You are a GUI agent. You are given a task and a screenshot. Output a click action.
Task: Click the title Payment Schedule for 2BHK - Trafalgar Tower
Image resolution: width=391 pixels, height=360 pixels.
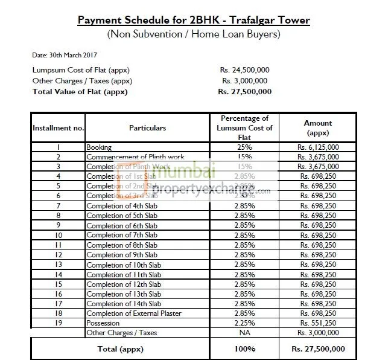[x=194, y=21]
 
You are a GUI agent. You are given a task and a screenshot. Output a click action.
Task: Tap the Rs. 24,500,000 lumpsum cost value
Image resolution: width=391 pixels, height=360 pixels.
[x=244, y=70]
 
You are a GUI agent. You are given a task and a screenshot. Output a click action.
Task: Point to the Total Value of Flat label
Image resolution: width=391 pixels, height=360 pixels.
[x=80, y=92]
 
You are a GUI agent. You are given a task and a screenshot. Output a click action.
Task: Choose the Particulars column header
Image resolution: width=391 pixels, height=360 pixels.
[x=147, y=128]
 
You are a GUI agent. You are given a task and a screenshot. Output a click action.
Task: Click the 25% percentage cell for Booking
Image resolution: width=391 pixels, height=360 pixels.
[x=244, y=147]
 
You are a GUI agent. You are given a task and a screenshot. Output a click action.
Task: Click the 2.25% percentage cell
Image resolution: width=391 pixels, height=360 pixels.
[x=244, y=323]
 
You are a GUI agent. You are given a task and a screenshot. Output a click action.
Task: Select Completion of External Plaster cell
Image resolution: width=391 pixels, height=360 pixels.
[x=134, y=313]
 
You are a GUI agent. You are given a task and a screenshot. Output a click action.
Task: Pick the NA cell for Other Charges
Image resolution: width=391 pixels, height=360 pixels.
[x=244, y=333]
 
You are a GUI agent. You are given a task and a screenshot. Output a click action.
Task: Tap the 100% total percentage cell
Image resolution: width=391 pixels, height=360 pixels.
[x=244, y=349]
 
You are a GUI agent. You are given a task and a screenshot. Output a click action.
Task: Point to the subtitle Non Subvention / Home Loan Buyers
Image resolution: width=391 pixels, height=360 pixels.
[x=194, y=34]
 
